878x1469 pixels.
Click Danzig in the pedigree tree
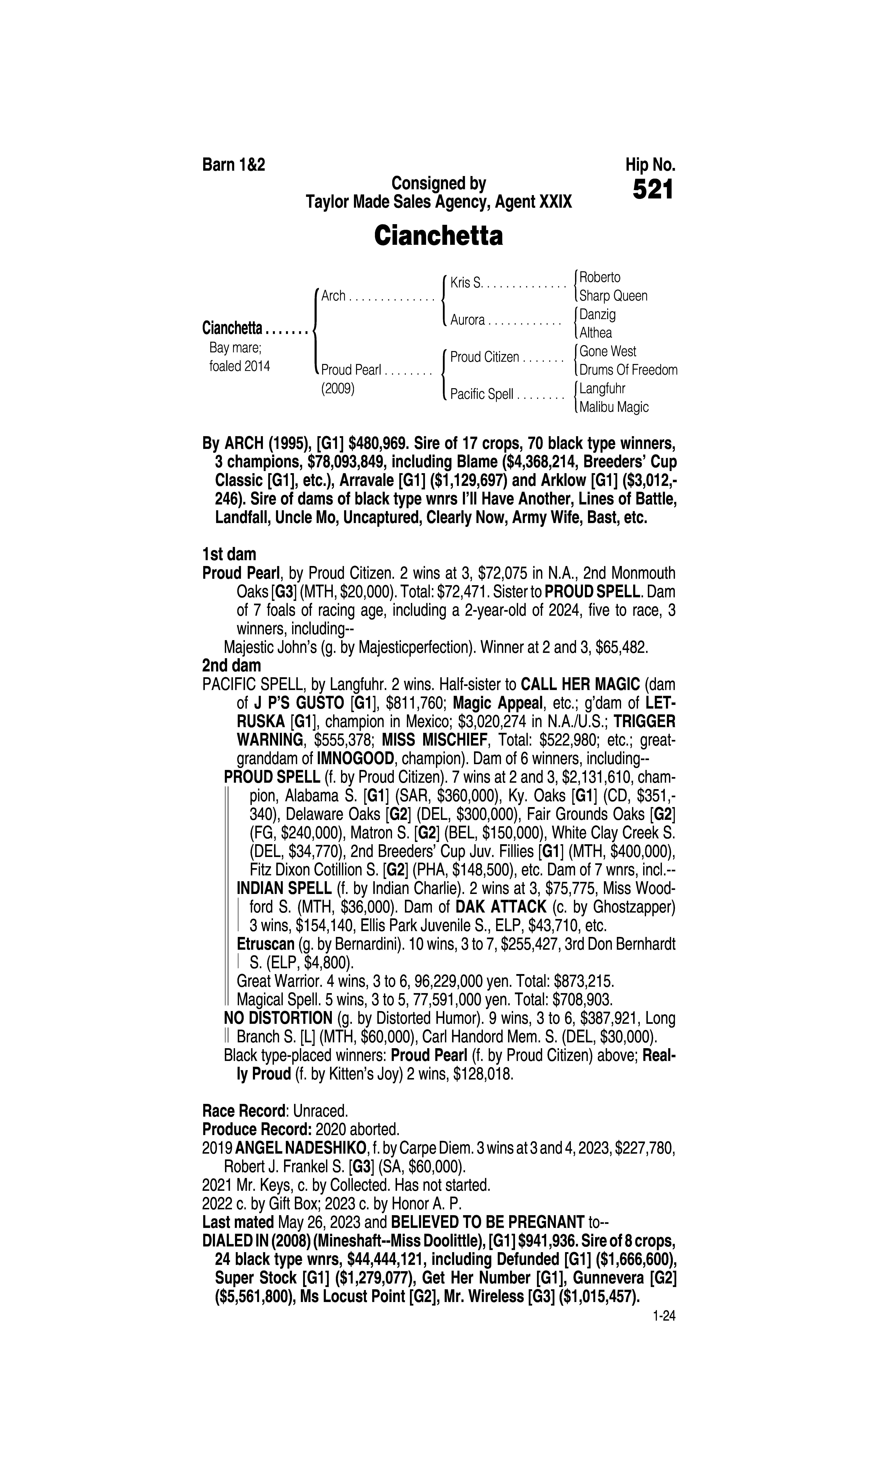click(597, 314)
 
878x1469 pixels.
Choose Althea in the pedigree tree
click(596, 333)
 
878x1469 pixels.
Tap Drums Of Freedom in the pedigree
click(628, 370)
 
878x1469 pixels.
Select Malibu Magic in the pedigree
click(614, 407)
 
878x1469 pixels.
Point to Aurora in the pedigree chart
click(467, 320)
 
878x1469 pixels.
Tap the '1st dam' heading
click(230, 555)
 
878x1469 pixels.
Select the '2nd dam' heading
click(231, 666)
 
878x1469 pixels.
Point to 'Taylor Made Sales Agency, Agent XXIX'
click(438, 202)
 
